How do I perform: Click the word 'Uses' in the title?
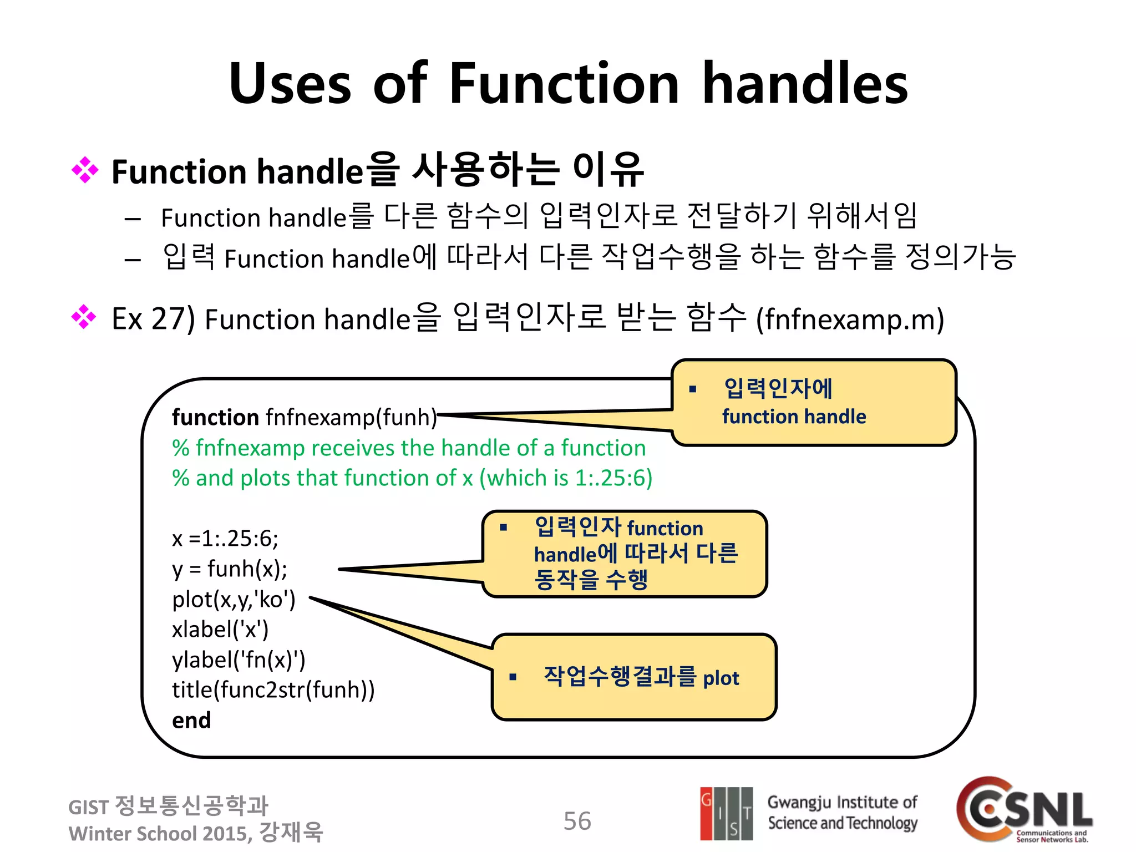pyautogui.click(x=290, y=84)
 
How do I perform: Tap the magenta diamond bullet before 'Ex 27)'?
pyautogui.click(x=84, y=317)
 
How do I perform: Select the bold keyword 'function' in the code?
pyautogui.click(x=215, y=417)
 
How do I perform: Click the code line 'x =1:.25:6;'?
pyautogui.click(x=225, y=539)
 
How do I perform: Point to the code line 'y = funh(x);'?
pyautogui.click(x=230, y=569)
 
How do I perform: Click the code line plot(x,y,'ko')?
pyautogui.click(x=234, y=600)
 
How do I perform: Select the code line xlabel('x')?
pyautogui.click(x=220, y=630)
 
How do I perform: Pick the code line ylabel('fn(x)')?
pyautogui.click(x=239, y=660)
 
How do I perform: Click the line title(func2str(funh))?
pyautogui.click(x=273, y=690)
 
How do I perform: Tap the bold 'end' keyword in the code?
pyautogui.click(x=191, y=721)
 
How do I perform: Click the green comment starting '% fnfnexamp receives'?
pyautogui.click(x=409, y=448)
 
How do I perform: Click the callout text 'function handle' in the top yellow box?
pyautogui.click(x=794, y=417)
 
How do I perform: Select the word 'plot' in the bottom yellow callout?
pyautogui.click(x=721, y=678)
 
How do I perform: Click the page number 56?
pyautogui.click(x=577, y=821)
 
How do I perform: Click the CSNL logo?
pyautogui.click(x=1025, y=810)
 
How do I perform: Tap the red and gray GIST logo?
pyautogui.click(x=726, y=813)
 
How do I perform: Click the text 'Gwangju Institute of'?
pyautogui.click(x=842, y=803)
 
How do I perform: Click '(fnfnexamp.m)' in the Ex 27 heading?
pyautogui.click(x=850, y=319)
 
